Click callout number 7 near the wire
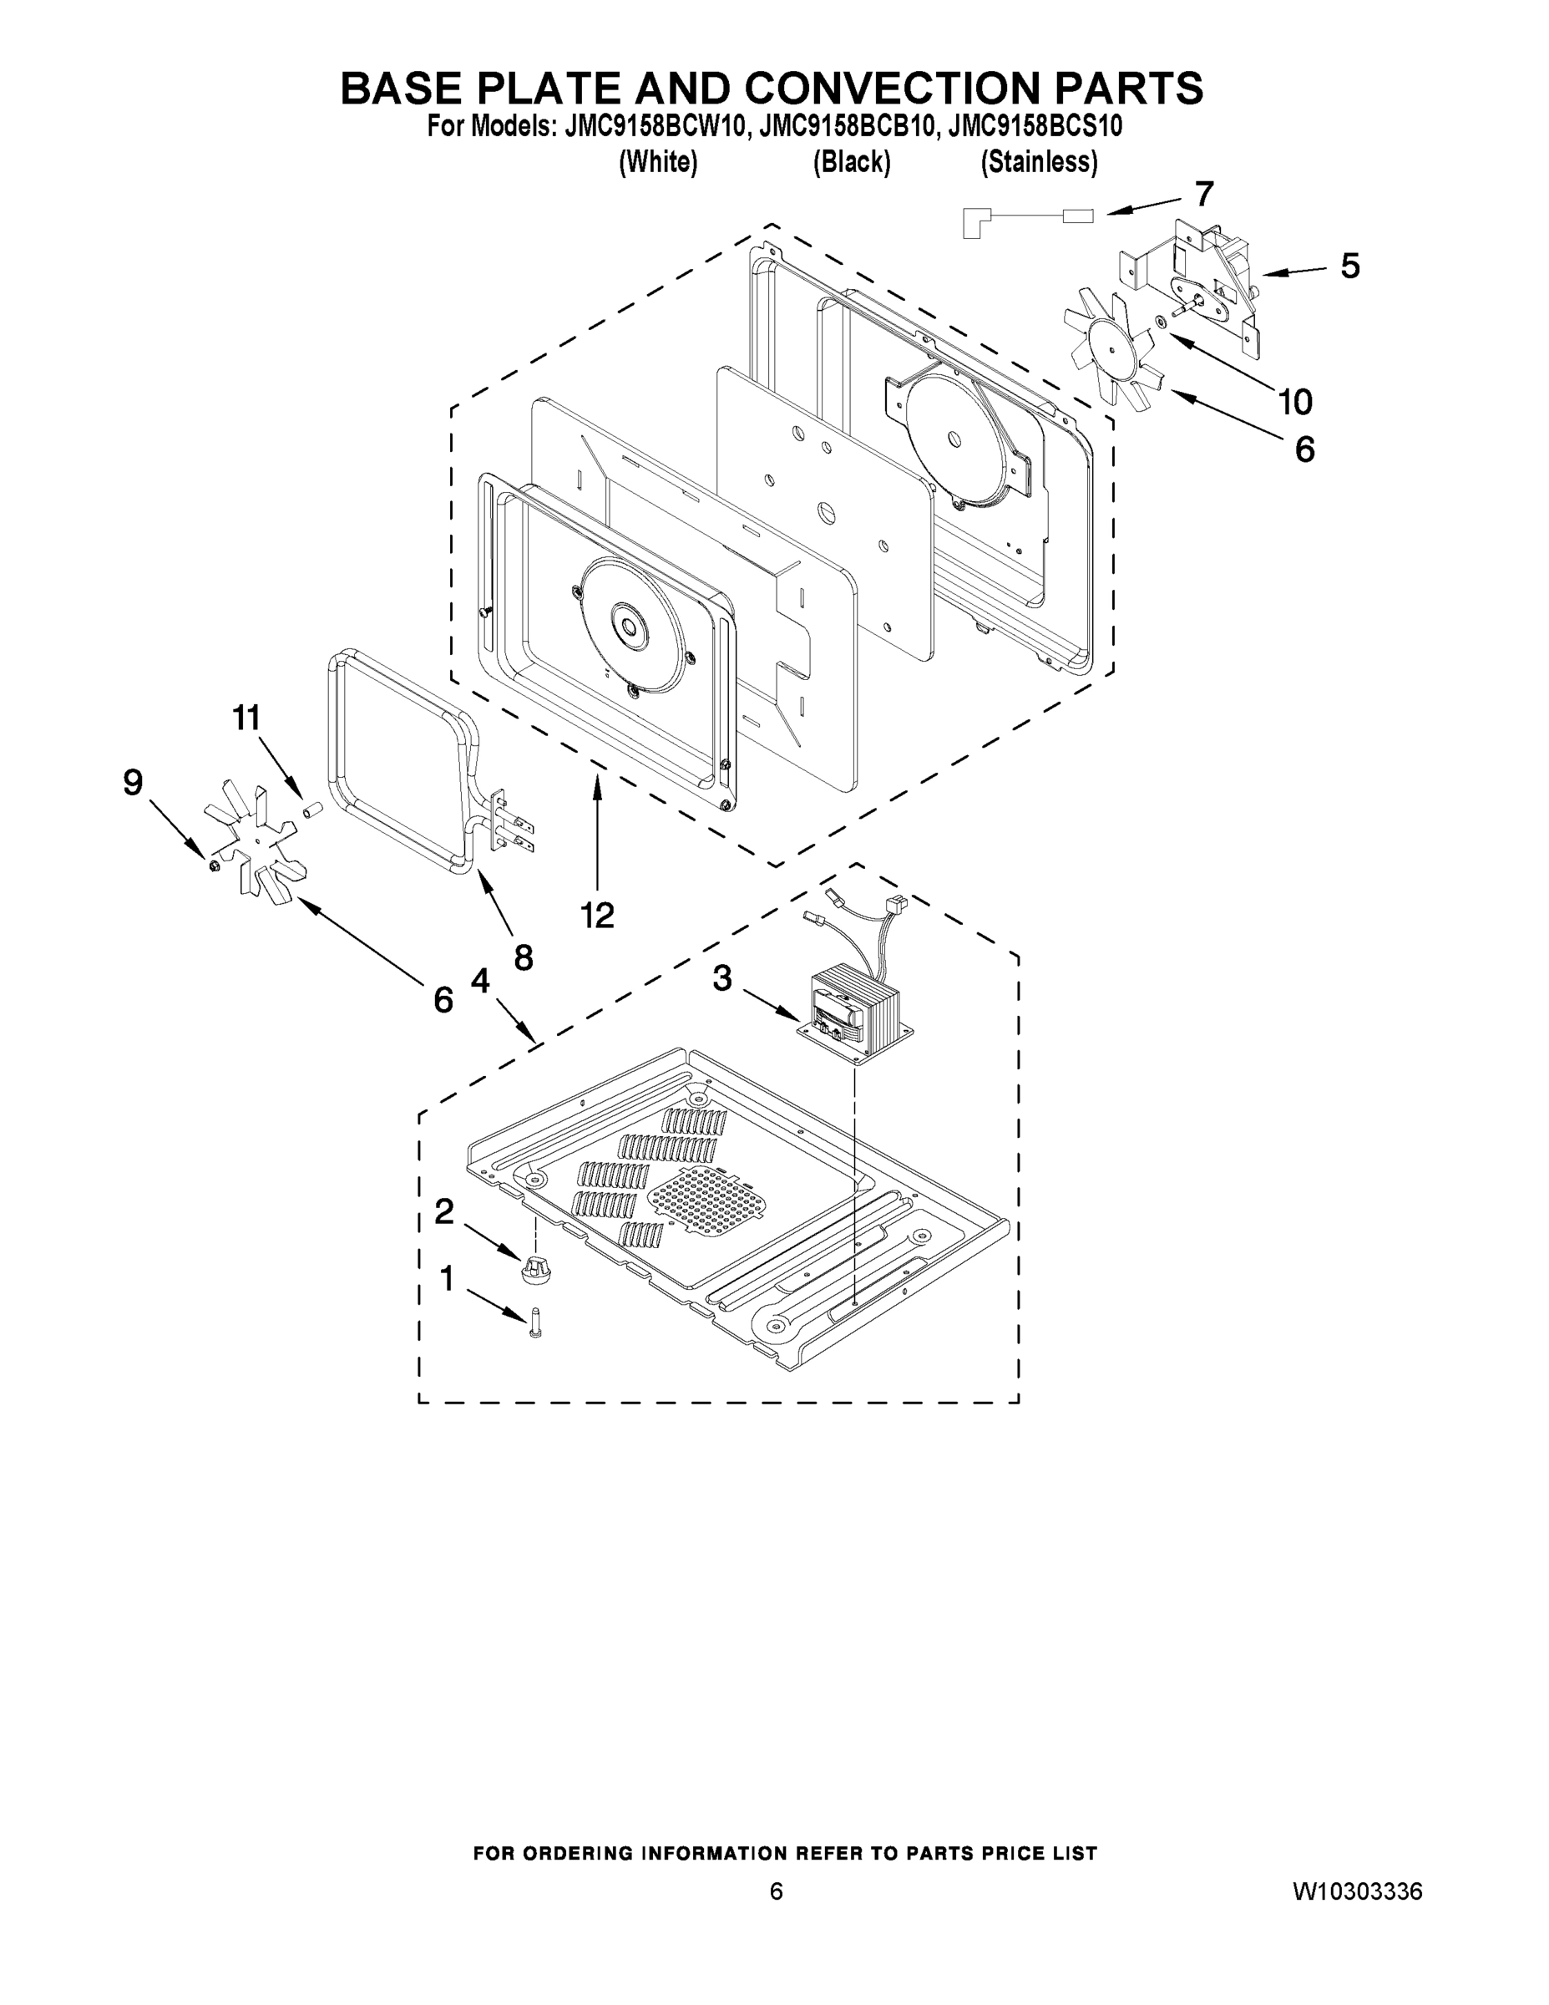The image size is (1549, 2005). pos(1204,194)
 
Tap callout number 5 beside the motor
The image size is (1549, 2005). pos(1350,266)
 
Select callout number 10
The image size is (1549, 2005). pos(1295,401)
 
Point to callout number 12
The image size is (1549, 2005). pos(597,915)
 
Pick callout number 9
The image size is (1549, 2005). pos(133,782)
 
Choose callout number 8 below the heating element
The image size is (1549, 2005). pos(523,957)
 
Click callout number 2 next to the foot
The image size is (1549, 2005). pos(444,1212)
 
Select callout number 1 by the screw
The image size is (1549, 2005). pos(447,1278)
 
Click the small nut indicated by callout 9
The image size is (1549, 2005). pos(213,865)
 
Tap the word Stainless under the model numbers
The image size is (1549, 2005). pos(1039,163)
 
